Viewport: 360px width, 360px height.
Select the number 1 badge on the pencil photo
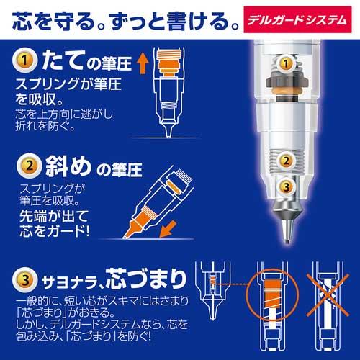tap(287, 65)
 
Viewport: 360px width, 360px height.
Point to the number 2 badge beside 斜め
tap(26, 169)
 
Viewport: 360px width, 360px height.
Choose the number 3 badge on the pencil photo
tap(287, 189)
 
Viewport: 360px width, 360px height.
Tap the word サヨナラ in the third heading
tap(75, 276)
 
